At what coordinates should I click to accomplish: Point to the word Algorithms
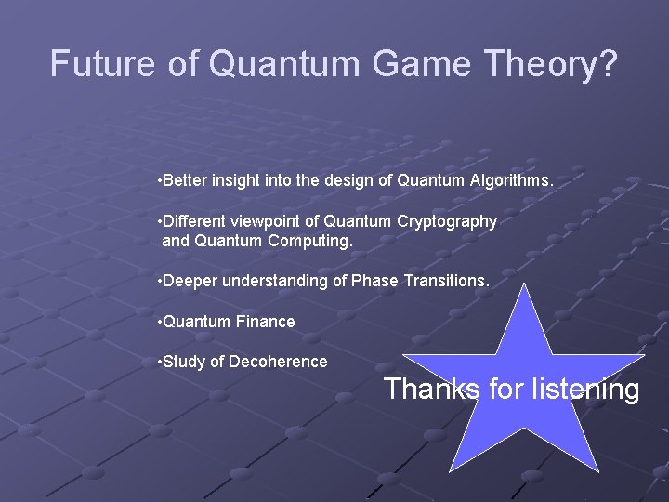(514, 180)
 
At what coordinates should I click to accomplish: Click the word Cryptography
(447, 221)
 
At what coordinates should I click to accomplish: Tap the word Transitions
(448, 281)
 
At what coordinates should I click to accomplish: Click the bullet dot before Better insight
(161, 180)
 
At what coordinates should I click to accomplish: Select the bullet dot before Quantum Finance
(161, 322)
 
